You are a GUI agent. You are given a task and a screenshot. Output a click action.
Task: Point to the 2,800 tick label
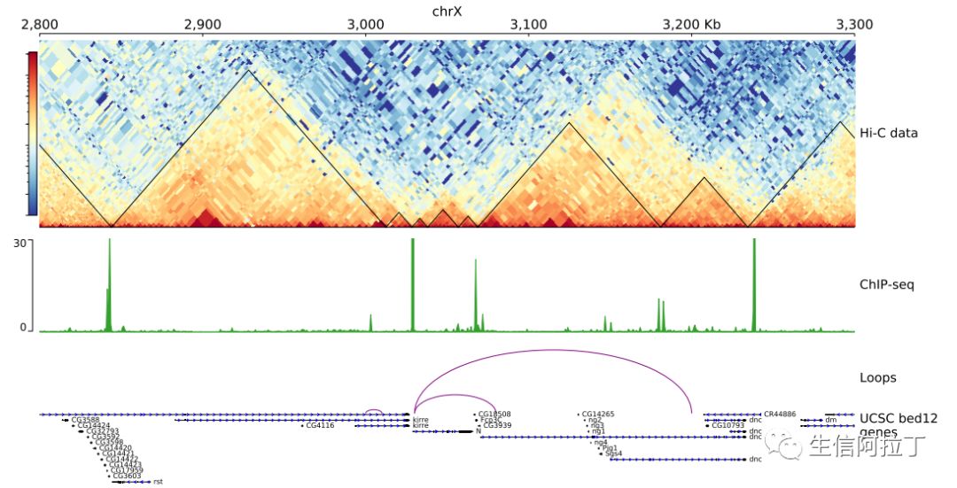point(39,25)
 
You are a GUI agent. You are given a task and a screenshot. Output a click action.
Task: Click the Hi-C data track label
point(889,133)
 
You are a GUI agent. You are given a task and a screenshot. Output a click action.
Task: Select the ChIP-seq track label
point(887,284)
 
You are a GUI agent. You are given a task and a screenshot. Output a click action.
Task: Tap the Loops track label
point(878,377)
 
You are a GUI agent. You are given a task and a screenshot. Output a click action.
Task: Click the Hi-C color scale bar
point(33,133)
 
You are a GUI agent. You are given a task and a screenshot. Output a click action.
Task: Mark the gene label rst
point(158,482)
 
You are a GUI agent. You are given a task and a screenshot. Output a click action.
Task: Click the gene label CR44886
point(780,414)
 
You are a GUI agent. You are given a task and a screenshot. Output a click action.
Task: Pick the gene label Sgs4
point(614,453)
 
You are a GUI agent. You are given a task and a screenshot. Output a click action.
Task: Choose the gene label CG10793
point(728,426)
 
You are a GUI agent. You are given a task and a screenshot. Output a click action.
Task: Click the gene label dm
point(830,420)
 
